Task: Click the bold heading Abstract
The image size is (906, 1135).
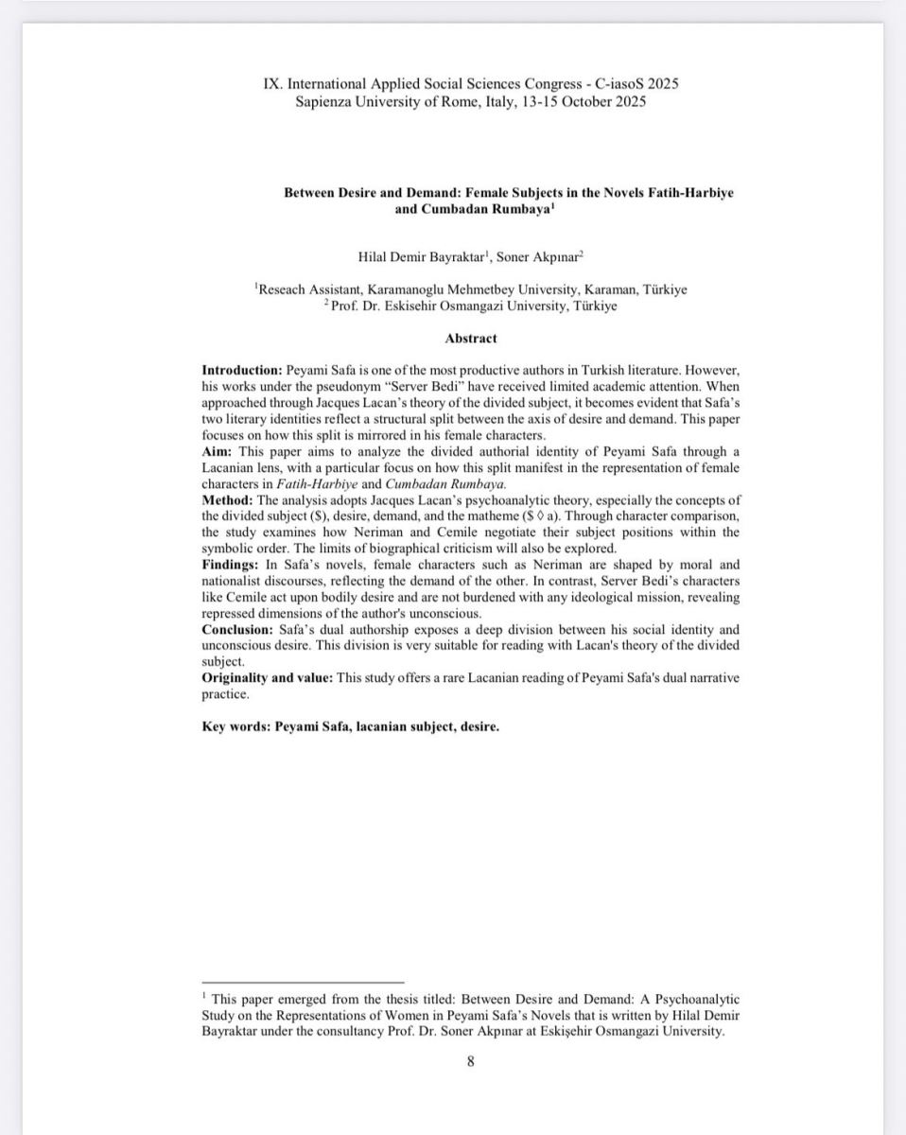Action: (x=470, y=338)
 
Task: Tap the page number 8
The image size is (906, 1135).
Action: (x=471, y=1060)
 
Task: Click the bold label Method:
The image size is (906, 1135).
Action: (x=227, y=499)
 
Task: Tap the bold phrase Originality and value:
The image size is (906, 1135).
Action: (x=269, y=678)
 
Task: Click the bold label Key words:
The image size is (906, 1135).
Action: (x=235, y=727)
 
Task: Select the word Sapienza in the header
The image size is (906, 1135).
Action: (x=322, y=101)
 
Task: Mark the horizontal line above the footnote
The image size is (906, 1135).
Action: (x=303, y=983)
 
